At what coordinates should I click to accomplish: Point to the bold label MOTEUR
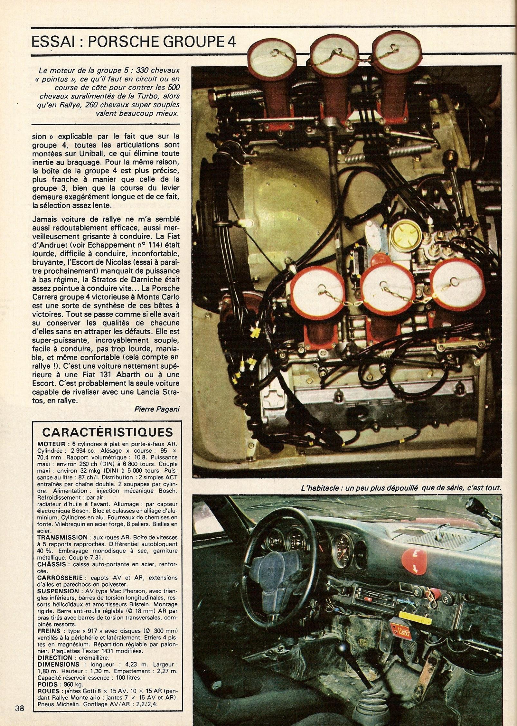point(52,444)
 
